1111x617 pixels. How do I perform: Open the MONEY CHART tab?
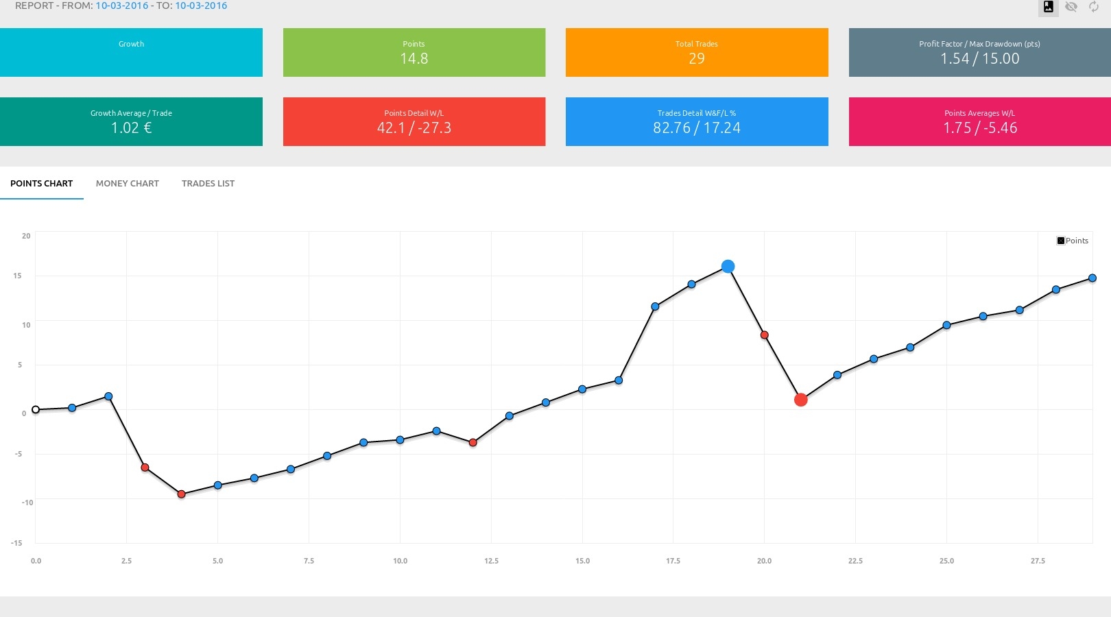click(127, 184)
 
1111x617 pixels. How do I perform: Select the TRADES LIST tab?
click(208, 184)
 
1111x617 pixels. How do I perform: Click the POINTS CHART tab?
click(41, 184)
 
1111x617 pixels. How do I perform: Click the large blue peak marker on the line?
click(728, 267)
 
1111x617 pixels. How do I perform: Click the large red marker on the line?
click(800, 400)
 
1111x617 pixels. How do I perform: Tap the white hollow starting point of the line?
click(36, 410)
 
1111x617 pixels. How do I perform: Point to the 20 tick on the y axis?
click(26, 236)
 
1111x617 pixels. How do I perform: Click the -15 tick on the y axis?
click(16, 543)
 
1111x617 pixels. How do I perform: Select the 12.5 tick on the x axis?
click(491, 561)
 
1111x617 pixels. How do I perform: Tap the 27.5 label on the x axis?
click(1038, 561)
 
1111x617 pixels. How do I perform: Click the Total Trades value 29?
click(697, 59)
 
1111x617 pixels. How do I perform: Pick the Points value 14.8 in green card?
click(414, 59)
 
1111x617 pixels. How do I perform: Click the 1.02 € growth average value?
click(131, 128)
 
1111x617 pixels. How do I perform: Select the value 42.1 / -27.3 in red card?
click(414, 128)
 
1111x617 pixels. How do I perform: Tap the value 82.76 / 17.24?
click(697, 128)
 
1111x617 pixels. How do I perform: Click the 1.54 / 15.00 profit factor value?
click(979, 59)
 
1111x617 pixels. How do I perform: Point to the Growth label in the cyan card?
click(131, 44)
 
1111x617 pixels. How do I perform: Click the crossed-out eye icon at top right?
click(1071, 7)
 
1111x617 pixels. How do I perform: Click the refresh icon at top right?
click(1094, 7)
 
